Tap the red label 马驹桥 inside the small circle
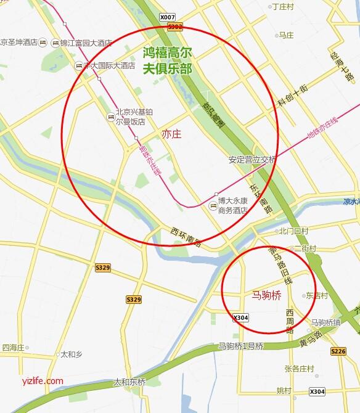pyautogui.click(x=267, y=295)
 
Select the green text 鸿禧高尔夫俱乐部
pyautogui.click(x=167, y=60)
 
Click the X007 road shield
pyautogui.click(x=168, y=17)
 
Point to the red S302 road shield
pyautogui.click(x=175, y=27)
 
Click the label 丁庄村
pyautogui.click(x=283, y=7)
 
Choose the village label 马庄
pyautogui.click(x=286, y=36)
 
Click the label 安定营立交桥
pyautogui.click(x=252, y=160)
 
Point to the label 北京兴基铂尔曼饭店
pyautogui.click(x=130, y=117)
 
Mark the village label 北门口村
pyautogui.click(x=293, y=231)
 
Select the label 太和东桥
pyautogui.click(x=129, y=382)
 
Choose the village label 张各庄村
pyautogui.click(x=299, y=369)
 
